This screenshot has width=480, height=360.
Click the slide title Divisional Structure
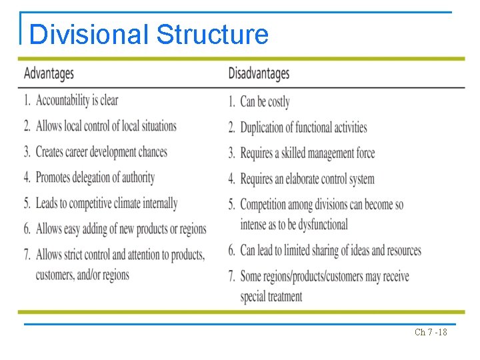[x=149, y=34]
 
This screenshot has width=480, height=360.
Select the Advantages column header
[x=49, y=73]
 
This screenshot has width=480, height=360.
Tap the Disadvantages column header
[x=259, y=73]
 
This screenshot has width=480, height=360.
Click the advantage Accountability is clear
[x=77, y=100]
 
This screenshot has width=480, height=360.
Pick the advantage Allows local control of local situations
[x=106, y=126]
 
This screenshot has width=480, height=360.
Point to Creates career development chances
[x=101, y=152]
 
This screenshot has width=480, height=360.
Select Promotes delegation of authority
[x=95, y=177]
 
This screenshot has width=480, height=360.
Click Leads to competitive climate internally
[x=107, y=203]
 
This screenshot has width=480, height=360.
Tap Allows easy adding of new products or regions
[x=121, y=229]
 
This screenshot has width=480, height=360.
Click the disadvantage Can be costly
[x=265, y=101]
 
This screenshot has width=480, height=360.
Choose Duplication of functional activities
[x=303, y=127]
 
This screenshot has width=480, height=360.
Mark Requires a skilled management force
[x=307, y=153]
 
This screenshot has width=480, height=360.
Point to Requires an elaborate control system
[x=307, y=179]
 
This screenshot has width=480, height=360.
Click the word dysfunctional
[x=318, y=225]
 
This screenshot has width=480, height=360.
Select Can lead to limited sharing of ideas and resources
[x=331, y=251]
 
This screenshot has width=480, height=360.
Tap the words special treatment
[x=271, y=296]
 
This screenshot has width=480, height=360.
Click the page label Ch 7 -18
[x=431, y=332]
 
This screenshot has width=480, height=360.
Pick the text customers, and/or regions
[x=83, y=275]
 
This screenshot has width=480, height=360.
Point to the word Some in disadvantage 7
[x=252, y=277]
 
